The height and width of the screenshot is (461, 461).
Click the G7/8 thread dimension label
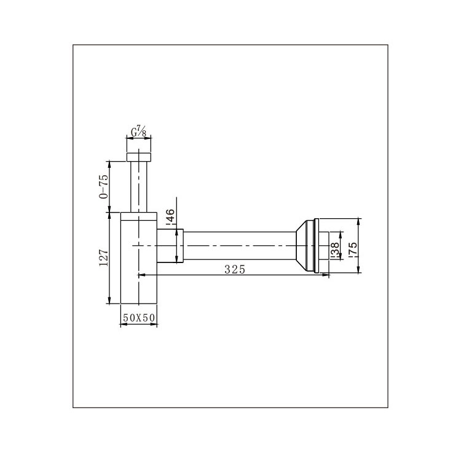click(138, 132)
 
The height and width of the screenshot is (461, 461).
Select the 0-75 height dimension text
click(103, 187)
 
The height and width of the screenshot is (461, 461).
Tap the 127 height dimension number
click(104, 258)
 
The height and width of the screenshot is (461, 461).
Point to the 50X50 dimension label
click(139, 318)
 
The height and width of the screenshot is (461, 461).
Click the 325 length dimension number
click(235, 269)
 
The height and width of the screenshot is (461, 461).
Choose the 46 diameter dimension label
click(170, 217)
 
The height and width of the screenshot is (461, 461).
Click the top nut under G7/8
click(139, 157)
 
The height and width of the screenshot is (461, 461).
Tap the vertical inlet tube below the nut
click(139, 186)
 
